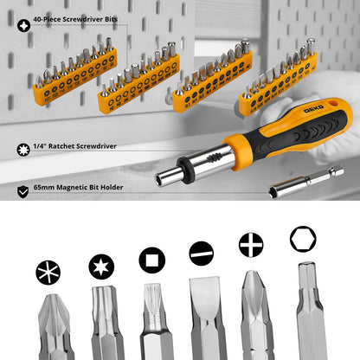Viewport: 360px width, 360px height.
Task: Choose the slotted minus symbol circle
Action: click(x=202, y=254)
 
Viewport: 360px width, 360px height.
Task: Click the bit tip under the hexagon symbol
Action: click(x=307, y=312)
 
